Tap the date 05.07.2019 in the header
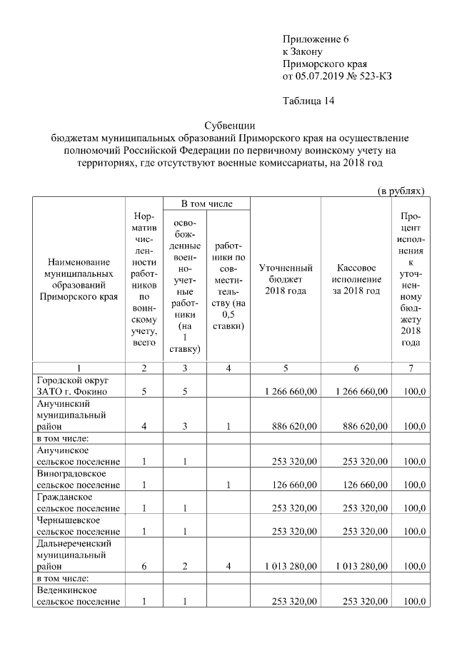point(319,75)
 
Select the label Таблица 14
point(308,101)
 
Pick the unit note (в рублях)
point(401,191)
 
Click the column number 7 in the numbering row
point(410,368)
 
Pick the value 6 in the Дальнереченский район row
point(144,567)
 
